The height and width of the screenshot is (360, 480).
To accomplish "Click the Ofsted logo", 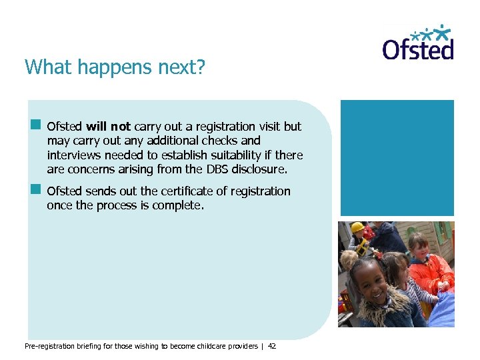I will tap(418, 44).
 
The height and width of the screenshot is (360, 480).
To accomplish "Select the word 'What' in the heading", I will tap(44, 67).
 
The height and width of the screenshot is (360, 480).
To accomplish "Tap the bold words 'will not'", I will tap(109, 126).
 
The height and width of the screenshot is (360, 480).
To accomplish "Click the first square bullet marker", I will tap(35, 125).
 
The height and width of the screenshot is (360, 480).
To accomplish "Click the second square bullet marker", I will tap(35, 190).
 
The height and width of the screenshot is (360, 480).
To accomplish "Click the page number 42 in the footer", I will tap(271, 347).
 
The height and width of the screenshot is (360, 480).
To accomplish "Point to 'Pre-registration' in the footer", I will tap(49, 347).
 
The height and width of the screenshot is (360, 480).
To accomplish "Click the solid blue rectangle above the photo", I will tap(397, 157).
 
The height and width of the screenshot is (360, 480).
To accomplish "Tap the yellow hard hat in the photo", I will tap(358, 228).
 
